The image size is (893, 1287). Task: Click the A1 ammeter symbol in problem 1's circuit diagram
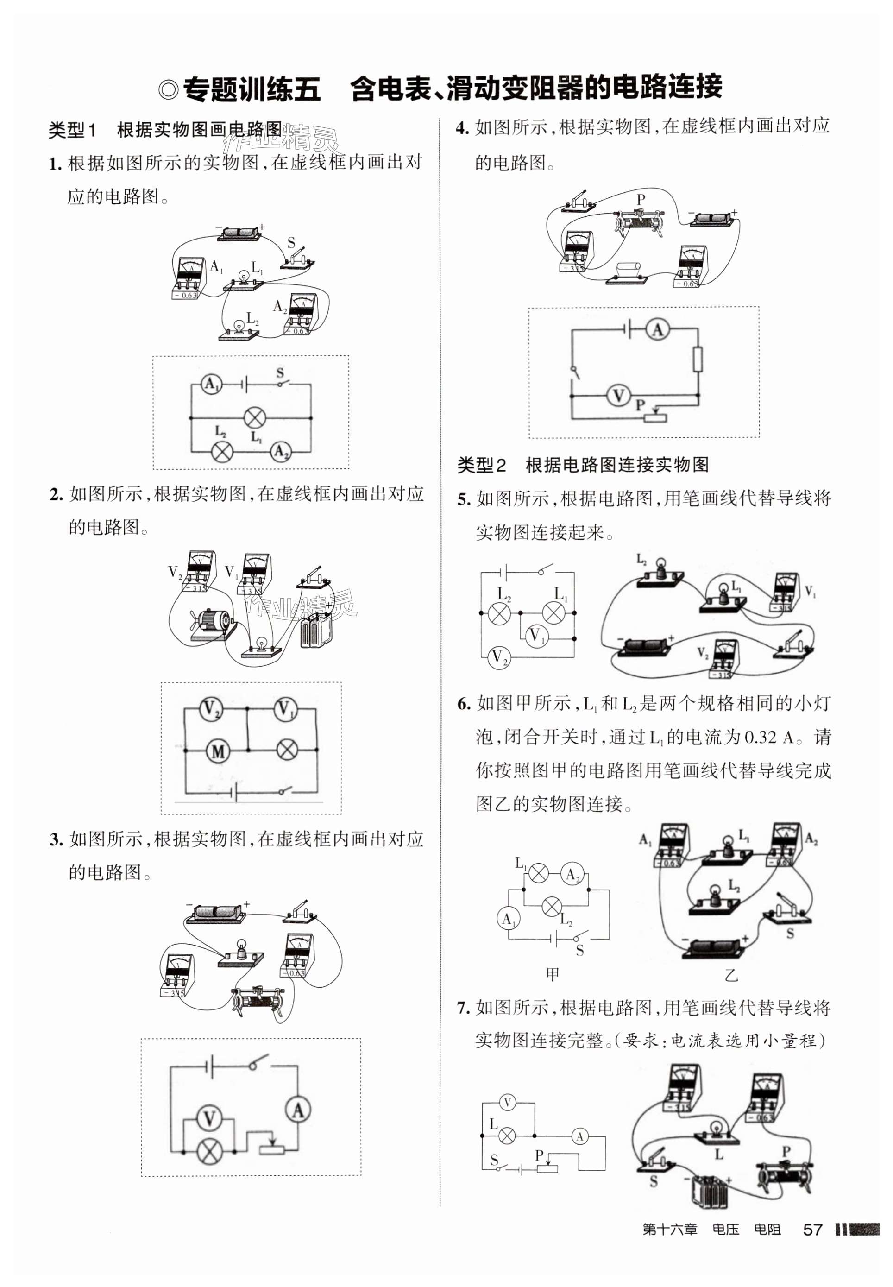(211, 384)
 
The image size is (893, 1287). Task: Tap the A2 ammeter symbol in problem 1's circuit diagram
(281, 451)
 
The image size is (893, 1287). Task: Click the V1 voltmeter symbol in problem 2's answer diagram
(285, 710)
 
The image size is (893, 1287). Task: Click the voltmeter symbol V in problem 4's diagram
(618, 396)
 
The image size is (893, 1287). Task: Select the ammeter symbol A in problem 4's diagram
(657, 330)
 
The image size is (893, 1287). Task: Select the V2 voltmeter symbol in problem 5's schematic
(497, 656)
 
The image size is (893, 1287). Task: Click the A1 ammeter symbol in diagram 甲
(508, 919)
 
